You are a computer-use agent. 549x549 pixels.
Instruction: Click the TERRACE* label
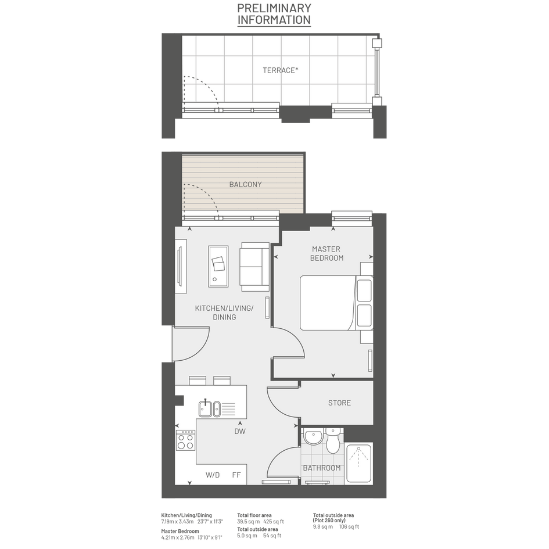[x=281, y=70]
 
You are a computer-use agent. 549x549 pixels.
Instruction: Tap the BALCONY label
[x=245, y=185]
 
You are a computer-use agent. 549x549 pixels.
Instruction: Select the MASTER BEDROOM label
[x=326, y=253]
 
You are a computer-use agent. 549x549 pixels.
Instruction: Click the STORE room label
[x=339, y=403]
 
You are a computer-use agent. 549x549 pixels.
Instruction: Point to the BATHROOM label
[x=322, y=468]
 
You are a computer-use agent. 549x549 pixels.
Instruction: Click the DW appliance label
[x=240, y=431]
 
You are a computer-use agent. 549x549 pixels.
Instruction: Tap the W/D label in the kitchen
[x=213, y=475]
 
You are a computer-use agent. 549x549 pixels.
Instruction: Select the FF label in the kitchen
[x=236, y=475]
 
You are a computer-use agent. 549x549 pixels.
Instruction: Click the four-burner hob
[x=185, y=440]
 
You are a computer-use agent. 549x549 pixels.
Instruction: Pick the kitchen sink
[x=210, y=408]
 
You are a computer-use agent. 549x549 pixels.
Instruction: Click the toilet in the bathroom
[x=332, y=440]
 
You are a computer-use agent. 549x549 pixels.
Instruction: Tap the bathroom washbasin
[x=313, y=437]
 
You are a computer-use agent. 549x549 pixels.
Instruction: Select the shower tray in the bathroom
[x=358, y=463]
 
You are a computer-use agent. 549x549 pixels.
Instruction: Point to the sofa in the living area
[x=254, y=267]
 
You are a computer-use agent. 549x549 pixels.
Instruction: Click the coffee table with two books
[x=218, y=266]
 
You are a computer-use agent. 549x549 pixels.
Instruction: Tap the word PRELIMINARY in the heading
[x=274, y=8]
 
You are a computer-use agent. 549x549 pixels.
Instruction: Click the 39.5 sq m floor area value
[x=249, y=521]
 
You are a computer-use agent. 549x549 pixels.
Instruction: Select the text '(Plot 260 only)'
[x=329, y=521]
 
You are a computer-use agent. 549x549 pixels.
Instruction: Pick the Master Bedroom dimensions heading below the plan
[x=180, y=531]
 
